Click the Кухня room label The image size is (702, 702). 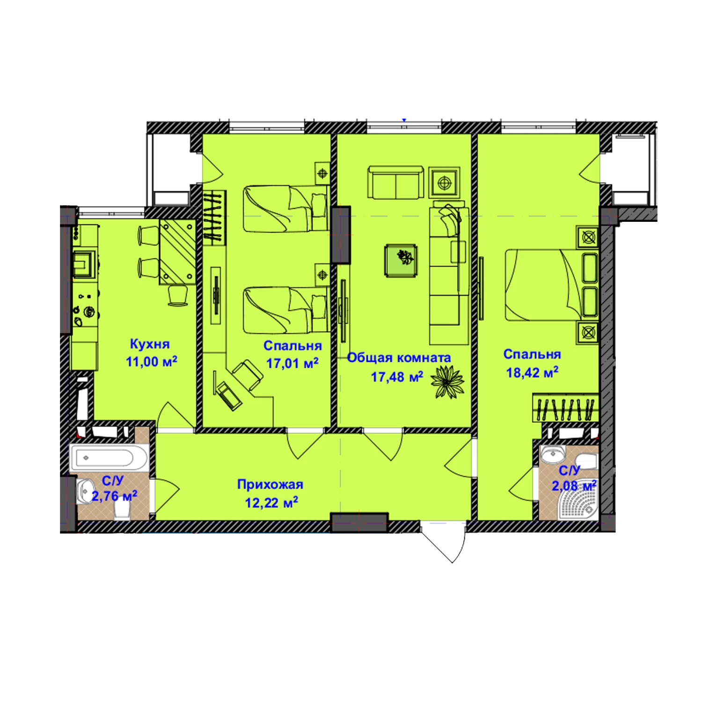pos(149,344)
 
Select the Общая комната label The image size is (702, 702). pos(399,358)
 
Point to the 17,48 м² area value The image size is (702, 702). pos(397,376)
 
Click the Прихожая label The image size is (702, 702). pos(270,484)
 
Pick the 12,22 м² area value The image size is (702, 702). pos(272,503)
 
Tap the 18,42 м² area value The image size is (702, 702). pos(533,373)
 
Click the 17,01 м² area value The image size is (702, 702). pos(292,363)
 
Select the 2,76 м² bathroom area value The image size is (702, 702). pos(114,496)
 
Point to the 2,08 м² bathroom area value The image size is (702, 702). pos(574,486)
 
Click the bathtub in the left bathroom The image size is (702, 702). pos(110,458)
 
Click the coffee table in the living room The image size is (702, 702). pos(401,260)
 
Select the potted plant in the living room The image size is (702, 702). pos(447,382)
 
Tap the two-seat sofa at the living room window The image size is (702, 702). pos(396,183)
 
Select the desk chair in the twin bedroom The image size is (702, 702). pos(247,375)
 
